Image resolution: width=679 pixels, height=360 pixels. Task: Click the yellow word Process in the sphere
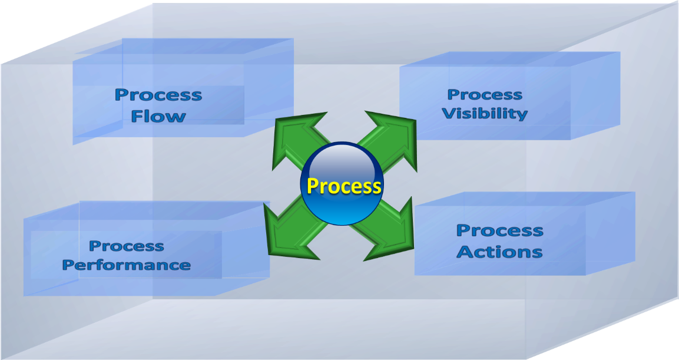pyautogui.click(x=344, y=186)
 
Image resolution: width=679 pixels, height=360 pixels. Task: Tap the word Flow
pyautogui.click(x=158, y=116)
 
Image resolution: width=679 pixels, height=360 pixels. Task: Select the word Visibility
pyautogui.click(x=485, y=114)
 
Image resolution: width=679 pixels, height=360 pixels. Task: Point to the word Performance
pyautogui.click(x=127, y=265)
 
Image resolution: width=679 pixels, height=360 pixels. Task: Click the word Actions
pyautogui.click(x=500, y=252)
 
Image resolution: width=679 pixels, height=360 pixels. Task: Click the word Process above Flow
pyautogui.click(x=158, y=95)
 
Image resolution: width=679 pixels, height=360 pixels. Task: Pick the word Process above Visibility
pyautogui.click(x=485, y=94)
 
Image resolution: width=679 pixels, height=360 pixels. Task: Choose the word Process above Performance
pyautogui.click(x=127, y=246)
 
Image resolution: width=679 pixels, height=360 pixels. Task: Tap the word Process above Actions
pyautogui.click(x=500, y=230)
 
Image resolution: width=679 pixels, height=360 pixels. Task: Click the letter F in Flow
pyautogui.click(x=137, y=116)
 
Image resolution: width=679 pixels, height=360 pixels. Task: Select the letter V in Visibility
pyautogui.click(x=449, y=114)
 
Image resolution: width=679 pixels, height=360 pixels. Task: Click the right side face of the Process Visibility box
pyautogui.click(x=595, y=95)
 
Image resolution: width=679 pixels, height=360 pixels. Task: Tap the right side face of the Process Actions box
pyautogui.click(x=611, y=233)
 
